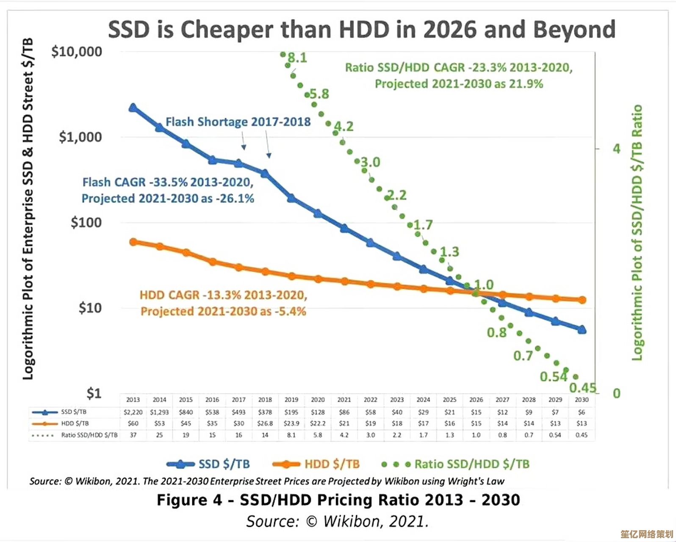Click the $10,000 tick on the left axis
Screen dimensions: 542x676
pos(77,52)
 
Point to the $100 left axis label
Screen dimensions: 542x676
pos(86,222)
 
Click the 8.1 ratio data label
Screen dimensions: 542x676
pos(297,58)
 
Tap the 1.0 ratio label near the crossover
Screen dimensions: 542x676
pos(484,285)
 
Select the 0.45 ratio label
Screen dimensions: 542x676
pos(582,387)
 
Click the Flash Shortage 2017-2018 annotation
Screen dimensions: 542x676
pos(238,122)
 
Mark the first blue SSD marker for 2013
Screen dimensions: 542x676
pos(133,108)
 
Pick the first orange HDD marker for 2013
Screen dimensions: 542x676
pos(133,242)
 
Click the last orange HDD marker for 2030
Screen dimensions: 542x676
pos(582,300)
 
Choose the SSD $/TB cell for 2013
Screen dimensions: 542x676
pos(133,412)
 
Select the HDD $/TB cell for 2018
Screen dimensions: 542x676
pos(265,423)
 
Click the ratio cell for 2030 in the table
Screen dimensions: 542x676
pos(582,435)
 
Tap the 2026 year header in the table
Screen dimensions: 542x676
pos(476,400)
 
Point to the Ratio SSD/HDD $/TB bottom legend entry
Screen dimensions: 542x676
pos(456,464)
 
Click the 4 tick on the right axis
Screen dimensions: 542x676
pos(616,149)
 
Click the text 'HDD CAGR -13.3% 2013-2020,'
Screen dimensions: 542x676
pos(223,295)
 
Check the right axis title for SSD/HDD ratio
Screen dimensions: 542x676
pos(637,233)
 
